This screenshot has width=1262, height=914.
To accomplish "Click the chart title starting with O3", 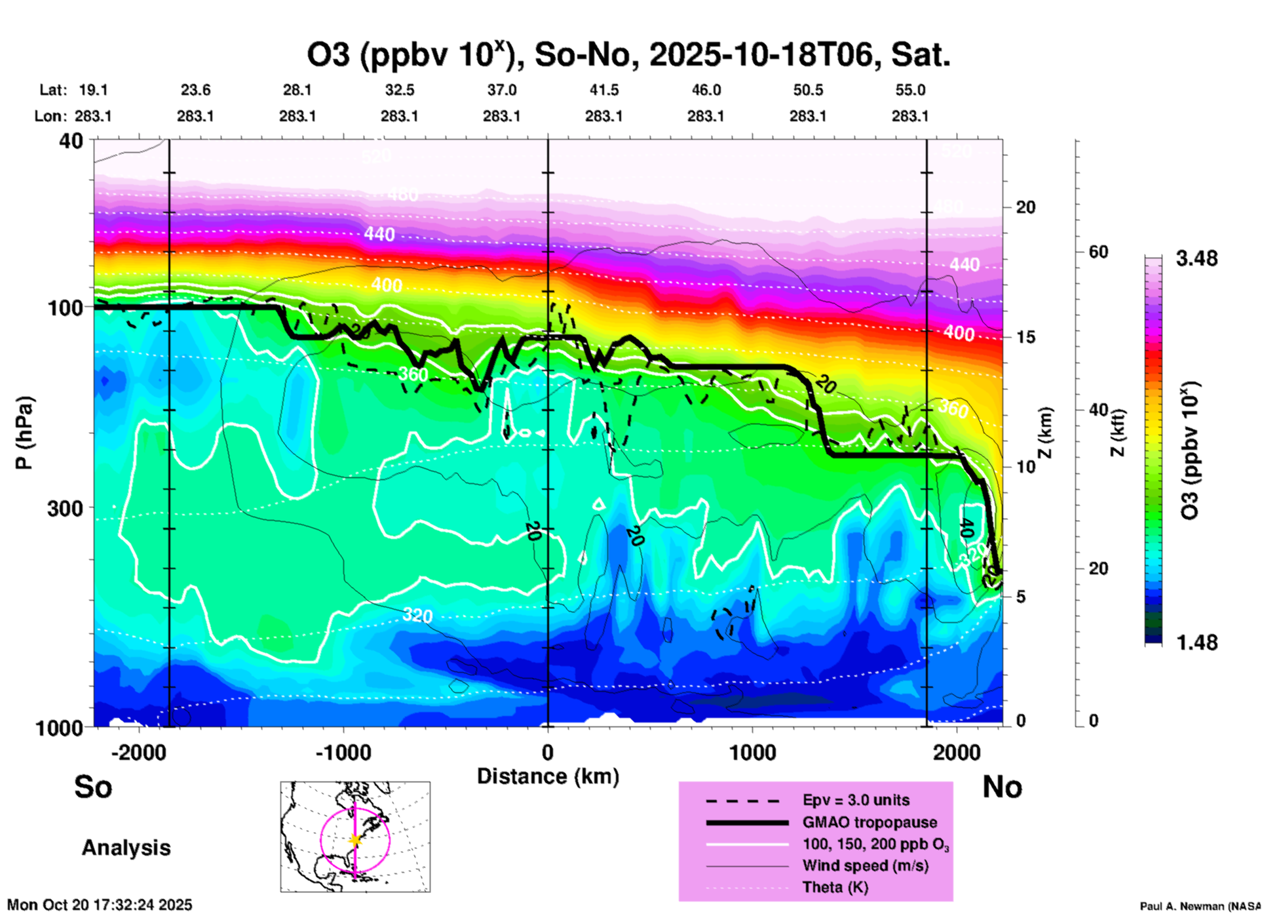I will click(x=629, y=55).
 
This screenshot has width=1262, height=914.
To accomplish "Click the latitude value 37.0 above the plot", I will click(x=501, y=90).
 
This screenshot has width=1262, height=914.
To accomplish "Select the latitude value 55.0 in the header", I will click(x=910, y=90).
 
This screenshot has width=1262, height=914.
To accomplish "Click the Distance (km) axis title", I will click(x=548, y=776).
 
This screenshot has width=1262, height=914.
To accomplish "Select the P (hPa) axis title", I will click(x=24, y=433).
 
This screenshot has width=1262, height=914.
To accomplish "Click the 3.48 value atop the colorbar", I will click(x=1196, y=259).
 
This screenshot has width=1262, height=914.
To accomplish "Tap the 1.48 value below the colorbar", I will click(x=1196, y=643).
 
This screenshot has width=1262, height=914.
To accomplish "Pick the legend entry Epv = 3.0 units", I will click(x=856, y=801).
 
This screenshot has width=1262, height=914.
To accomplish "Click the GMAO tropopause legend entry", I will click(x=870, y=822).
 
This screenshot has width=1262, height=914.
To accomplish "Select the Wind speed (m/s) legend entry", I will click(x=865, y=866).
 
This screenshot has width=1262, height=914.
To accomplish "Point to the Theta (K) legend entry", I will click(x=835, y=888).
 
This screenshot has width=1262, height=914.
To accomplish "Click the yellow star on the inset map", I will click(x=355, y=839).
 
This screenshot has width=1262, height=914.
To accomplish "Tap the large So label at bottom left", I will click(x=93, y=787).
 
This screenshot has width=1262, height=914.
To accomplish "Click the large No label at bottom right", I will click(x=1002, y=787).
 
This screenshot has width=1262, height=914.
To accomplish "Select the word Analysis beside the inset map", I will click(x=126, y=848).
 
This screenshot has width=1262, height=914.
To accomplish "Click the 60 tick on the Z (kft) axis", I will click(x=1098, y=252).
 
